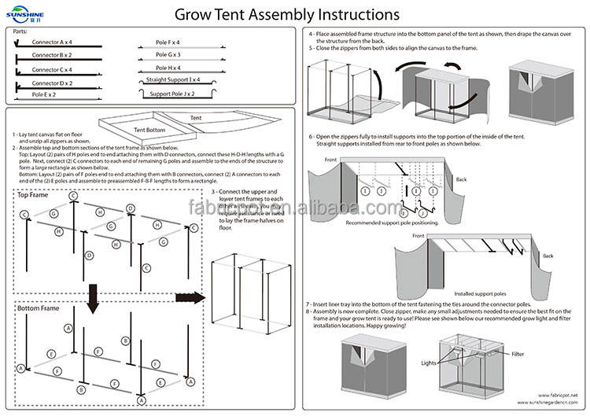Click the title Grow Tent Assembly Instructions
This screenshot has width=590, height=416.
[x=286, y=14]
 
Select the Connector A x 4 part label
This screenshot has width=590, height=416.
[x=52, y=42]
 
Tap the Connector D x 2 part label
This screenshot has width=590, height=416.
[x=52, y=83]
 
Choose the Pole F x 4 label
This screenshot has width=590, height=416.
[x=167, y=42]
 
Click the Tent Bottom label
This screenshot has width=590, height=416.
[x=149, y=131]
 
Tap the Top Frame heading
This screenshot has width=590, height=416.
[x=34, y=194]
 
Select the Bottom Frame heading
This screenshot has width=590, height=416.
[x=38, y=308]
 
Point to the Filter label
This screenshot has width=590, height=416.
[x=517, y=355]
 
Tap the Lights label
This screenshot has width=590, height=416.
[x=428, y=363]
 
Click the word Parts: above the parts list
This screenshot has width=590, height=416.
[x=21, y=30]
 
